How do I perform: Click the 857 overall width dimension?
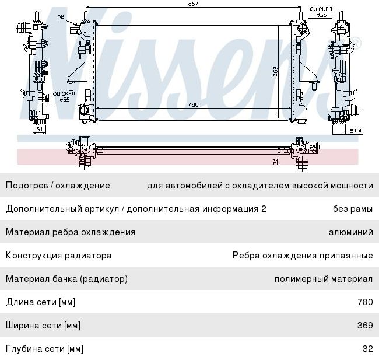pos(193,4)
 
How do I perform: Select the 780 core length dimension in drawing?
pos(193,105)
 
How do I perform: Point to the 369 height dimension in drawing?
pos(275,72)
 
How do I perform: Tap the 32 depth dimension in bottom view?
pos(276,162)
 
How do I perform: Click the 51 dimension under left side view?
pos(40,129)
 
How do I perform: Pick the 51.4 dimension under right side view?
pos(356,131)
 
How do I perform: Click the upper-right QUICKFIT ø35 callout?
pos(321,12)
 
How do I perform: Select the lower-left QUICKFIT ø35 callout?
pos(64,96)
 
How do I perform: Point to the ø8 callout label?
pos(61,17)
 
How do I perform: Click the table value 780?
pos(365,302)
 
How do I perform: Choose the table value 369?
pos(365,326)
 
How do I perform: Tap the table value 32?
pos(368,349)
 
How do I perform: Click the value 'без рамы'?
pos(353,209)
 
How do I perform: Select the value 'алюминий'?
pos(351,232)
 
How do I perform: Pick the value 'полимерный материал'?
pos(324,279)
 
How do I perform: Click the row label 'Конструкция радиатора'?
pos(59,256)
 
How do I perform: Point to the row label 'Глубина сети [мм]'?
pos(44,349)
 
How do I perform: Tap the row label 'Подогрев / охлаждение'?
pos(58,186)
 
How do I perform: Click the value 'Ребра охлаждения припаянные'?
pos(303,256)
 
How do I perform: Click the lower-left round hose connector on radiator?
pos(84,110)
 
